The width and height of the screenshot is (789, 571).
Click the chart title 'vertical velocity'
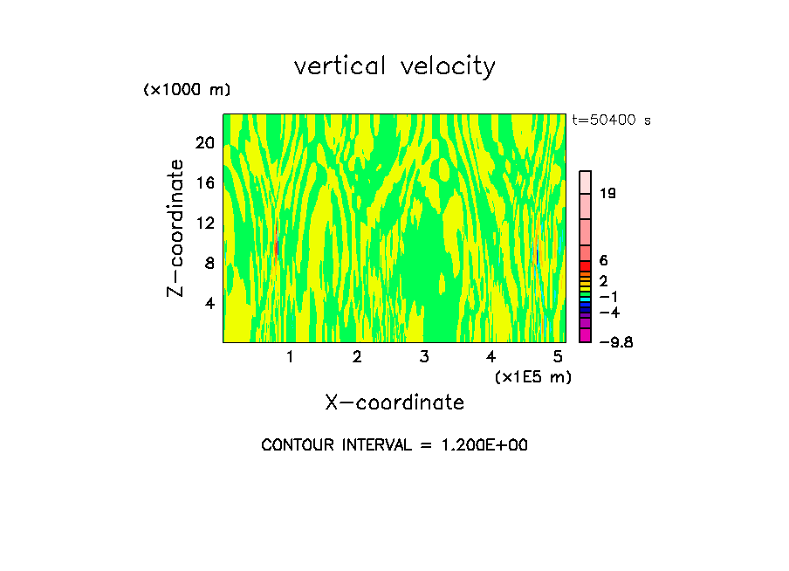coord(394,66)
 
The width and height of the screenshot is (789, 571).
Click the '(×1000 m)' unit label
coord(186,91)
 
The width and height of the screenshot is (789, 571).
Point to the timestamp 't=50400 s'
coord(611,120)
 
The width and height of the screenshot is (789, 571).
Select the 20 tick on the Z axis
coord(204,143)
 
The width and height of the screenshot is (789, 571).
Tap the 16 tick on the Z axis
coord(204,183)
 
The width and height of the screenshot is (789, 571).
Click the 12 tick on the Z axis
coord(204,224)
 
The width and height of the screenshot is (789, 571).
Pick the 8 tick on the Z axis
coord(209,264)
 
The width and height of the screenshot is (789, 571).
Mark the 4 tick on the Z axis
coord(209,304)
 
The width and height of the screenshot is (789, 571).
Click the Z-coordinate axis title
coord(176,228)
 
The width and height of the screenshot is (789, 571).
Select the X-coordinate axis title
coord(394,402)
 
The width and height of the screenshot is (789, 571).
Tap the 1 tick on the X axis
coord(290,357)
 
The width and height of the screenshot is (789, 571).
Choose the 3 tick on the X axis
coord(424,357)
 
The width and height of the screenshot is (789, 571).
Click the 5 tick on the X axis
coord(558,357)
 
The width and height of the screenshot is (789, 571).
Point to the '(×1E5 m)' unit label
coord(533,377)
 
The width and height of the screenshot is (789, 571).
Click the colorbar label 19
coord(608,194)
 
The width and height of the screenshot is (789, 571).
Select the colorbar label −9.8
coord(616,342)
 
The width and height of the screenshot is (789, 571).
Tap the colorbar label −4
coord(610,313)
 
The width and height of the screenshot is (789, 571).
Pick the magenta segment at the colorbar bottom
coord(586,336)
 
